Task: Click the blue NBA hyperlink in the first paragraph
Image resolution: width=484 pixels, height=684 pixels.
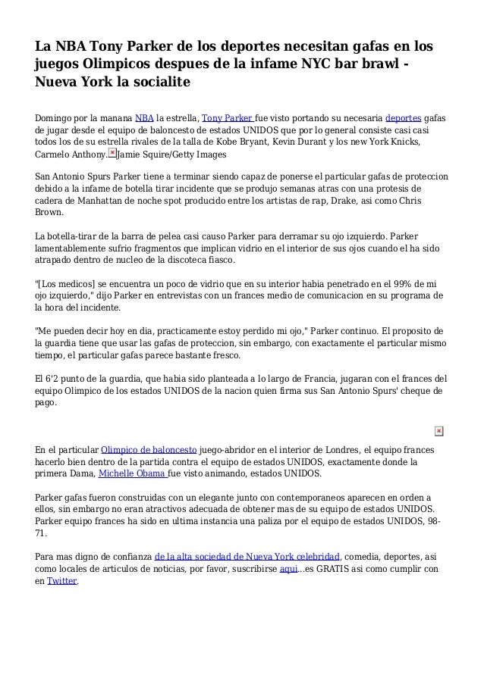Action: (x=142, y=118)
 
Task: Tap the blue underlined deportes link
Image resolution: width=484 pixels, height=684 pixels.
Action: (x=403, y=118)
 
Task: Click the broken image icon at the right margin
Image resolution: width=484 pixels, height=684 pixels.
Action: (x=438, y=431)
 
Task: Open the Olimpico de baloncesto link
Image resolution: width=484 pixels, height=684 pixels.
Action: (x=149, y=449)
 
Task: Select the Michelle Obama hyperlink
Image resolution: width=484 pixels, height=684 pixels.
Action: (x=133, y=474)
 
